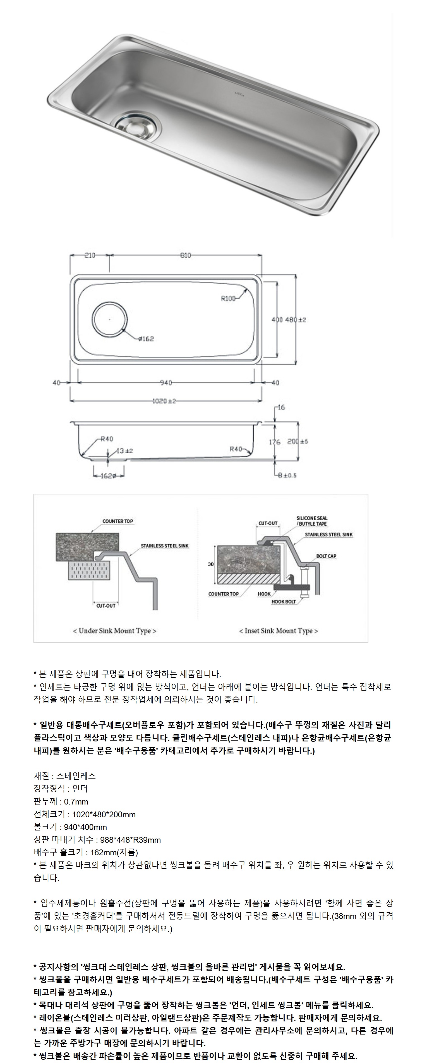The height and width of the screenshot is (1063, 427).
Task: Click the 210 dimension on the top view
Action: [90, 255]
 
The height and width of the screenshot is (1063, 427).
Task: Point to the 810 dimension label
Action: [185, 255]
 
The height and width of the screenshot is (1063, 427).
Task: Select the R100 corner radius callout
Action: [228, 299]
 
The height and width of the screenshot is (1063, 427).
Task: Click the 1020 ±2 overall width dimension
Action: [164, 401]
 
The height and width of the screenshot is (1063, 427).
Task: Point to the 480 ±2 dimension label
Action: [297, 319]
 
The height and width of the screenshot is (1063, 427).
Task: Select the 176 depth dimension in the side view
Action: [275, 442]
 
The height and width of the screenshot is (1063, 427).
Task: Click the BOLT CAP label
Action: [326, 556]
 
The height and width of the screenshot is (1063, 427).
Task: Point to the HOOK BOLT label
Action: [284, 602]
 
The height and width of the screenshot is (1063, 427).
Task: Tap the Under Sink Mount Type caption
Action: [114, 631]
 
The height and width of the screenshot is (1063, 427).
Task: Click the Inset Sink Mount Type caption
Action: [279, 631]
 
